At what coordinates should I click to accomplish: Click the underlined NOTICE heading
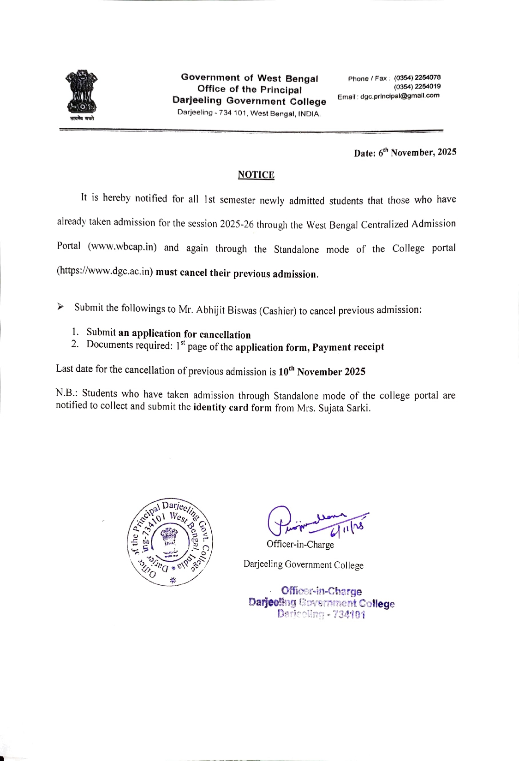coord(256,175)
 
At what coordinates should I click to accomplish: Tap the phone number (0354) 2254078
coord(417,77)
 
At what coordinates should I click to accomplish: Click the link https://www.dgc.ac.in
coord(105,271)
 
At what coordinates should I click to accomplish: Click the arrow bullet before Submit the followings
coord(60,307)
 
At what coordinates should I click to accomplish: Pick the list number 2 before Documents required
coord(74,344)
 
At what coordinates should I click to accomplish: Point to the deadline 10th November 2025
coord(322,372)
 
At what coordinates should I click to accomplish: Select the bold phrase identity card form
coord(233,407)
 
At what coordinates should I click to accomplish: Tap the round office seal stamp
coord(170,542)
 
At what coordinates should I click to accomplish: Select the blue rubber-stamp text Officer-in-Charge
coord(321,591)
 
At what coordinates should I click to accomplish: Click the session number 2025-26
coord(237,224)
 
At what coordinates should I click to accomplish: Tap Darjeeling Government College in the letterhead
coord(249,101)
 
